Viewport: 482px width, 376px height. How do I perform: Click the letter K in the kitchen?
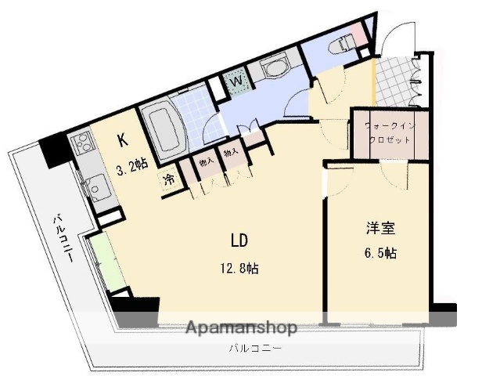coord(123,141)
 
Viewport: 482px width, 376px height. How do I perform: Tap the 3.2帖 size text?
coord(132,167)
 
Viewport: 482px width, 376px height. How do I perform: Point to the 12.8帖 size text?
coord(239,269)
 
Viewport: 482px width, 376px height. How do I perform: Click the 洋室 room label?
coord(381,229)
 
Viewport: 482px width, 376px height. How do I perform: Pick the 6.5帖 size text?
coord(381,253)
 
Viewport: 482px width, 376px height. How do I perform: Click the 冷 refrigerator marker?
coord(169,179)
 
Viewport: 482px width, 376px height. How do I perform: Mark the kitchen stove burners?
coord(81,143)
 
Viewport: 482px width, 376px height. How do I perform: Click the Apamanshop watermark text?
coord(241,327)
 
